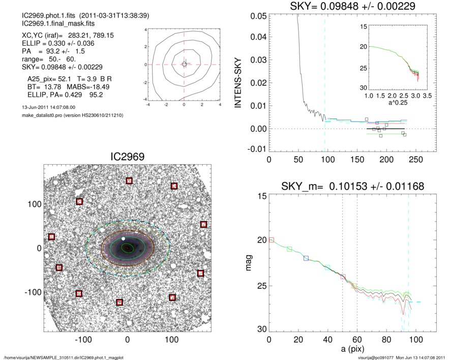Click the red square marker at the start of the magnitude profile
tap(271, 239)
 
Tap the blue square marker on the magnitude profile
tap(306, 258)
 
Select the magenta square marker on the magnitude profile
tap(343, 277)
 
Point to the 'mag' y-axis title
tap(249, 263)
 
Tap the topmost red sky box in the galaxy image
tap(129, 181)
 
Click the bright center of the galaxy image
tap(128, 248)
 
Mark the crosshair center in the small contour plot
tap(184, 64)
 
